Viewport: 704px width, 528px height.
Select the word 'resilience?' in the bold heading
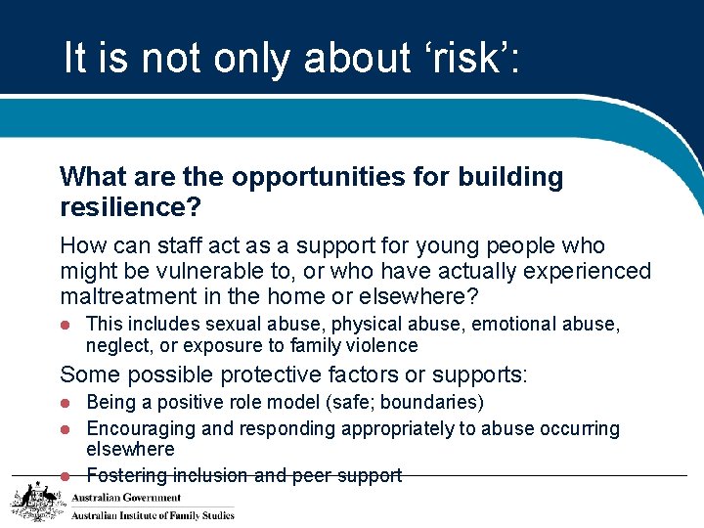pyautogui.click(x=128, y=207)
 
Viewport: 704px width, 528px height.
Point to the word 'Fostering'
pyautogui.click(x=126, y=475)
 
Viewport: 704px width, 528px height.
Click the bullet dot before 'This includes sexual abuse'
pyautogui.click(x=66, y=325)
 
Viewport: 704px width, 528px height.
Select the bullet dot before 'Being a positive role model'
pyautogui.click(x=66, y=403)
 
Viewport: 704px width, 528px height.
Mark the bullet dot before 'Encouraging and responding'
pyautogui.click(x=66, y=429)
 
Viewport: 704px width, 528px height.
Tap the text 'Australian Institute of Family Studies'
pyautogui.click(x=153, y=515)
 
